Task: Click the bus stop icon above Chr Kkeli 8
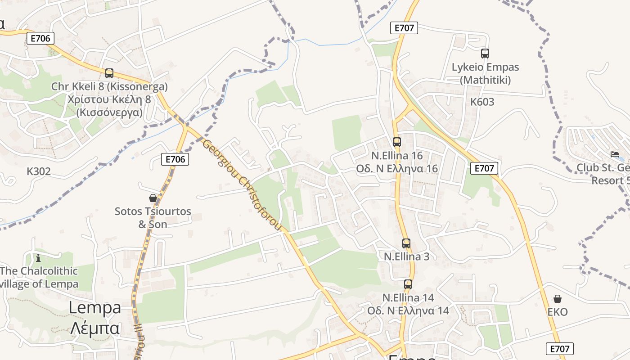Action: tap(109, 73)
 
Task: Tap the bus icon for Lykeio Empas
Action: tap(485, 54)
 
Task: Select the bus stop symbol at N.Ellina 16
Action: tap(396, 142)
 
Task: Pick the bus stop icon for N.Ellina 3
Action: tap(406, 243)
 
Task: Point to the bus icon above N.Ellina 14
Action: tap(408, 284)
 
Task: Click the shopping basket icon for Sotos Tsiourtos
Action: tap(153, 198)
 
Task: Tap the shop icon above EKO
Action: tap(557, 299)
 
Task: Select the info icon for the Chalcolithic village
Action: tap(38, 258)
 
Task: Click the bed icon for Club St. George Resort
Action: tap(614, 154)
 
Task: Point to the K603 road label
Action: tap(482, 102)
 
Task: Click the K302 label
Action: tap(39, 171)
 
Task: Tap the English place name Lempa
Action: tap(95, 308)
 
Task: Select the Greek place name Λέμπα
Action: tap(95, 328)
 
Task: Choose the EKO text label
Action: tap(558, 312)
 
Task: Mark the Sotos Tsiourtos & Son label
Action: tap(153, 218)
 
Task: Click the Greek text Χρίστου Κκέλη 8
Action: tap(109, 99)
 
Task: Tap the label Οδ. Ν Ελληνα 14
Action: tap(408, 311)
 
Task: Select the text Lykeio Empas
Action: tap(485, 67)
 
